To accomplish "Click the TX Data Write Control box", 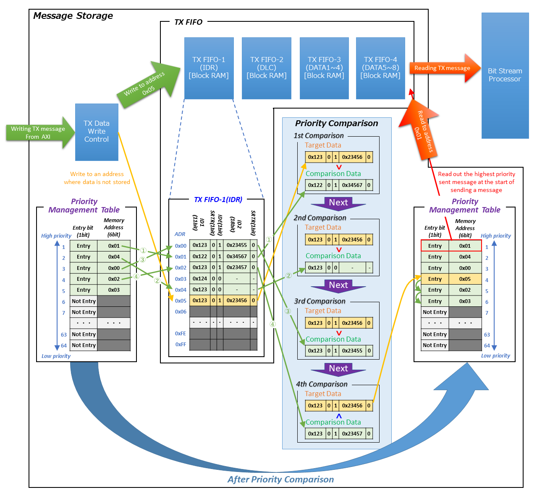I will (97, 132).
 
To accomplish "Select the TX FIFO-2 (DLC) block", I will (266, 68).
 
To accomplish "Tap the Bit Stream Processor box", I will (505, 75).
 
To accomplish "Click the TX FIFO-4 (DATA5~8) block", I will (380, 68).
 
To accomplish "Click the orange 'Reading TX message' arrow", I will (443, 68).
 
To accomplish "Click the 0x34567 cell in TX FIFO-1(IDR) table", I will (237, 256).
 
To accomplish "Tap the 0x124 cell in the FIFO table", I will (200, 278).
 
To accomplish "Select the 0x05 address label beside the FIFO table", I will (181, 301).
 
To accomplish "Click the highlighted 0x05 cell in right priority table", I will (465, 279).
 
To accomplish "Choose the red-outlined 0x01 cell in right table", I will (465, 246).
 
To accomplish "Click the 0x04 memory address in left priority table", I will (114, 257).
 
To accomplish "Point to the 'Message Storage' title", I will (73, 16).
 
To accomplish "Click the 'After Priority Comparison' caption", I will (280, 479).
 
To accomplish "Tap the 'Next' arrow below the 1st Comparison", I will (338, 203).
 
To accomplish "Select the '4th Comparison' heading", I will (322, 384).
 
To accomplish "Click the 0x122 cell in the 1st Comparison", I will (315, 185).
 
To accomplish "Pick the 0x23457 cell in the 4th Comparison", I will (352, 433).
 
